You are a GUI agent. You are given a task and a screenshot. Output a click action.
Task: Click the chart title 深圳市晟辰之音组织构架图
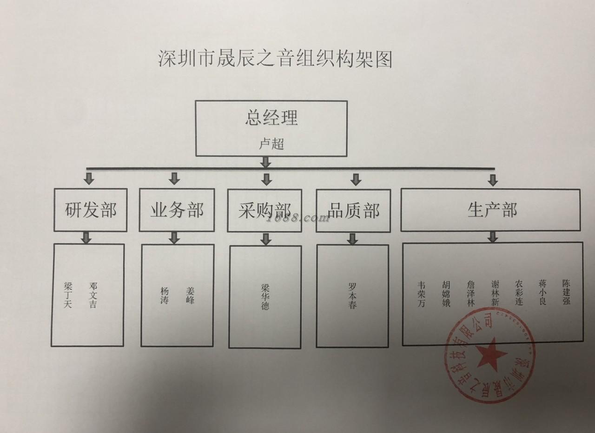[x=275, y=60]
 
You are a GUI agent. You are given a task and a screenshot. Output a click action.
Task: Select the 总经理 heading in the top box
[x=271, y=118]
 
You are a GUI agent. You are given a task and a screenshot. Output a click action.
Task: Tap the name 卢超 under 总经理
[x=271, y=144]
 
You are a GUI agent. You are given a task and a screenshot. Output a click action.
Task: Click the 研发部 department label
[x=91, y=210]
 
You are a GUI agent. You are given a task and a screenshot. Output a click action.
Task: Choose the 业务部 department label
[x=177, y=210]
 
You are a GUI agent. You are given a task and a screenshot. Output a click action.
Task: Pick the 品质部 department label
[x=354, y=211]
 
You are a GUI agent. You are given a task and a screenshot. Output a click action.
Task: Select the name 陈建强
[x=566, y=292]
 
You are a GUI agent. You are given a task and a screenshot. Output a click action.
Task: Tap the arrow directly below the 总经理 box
[x=265, y=162]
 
